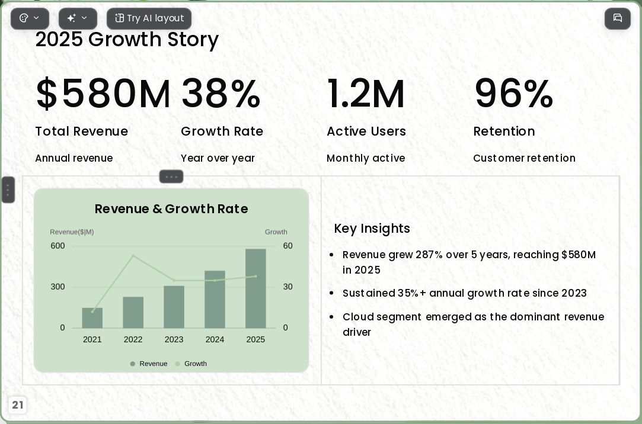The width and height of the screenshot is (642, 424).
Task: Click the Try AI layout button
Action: click(149, 18)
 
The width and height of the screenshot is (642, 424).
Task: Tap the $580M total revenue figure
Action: click(103, 94)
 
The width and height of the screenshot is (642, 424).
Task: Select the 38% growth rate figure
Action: click(221, 94)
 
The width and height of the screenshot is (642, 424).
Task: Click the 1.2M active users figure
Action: click(366, 94)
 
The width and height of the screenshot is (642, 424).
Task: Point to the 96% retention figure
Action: click(513, 94)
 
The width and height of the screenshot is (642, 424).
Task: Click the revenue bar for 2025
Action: click(255, 288)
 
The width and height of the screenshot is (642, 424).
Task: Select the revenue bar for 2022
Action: click(133, 313)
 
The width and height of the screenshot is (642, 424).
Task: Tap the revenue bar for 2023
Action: click(174, 307)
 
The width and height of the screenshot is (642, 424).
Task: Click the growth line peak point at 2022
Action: click(133, 256)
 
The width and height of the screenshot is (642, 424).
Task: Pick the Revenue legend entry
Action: click(149, 364)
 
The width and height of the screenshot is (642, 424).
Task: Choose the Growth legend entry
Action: click(191, 364)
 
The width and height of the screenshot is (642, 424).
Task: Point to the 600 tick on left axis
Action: click(58, 246)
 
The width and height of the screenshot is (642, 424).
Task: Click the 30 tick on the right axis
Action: click(288, 287)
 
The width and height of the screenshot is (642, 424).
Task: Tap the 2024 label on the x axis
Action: click(215, 339)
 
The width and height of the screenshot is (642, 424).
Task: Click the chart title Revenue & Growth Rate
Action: click(171, 208)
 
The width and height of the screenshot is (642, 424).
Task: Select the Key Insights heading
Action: click(372, 228)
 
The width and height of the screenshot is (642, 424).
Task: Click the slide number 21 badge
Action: click(18, 405)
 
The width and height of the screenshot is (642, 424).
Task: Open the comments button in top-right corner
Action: click(618, 18)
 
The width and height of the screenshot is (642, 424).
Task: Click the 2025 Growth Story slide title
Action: click(127, 40)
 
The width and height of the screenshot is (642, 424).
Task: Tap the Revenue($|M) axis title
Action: click(72, 232)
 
